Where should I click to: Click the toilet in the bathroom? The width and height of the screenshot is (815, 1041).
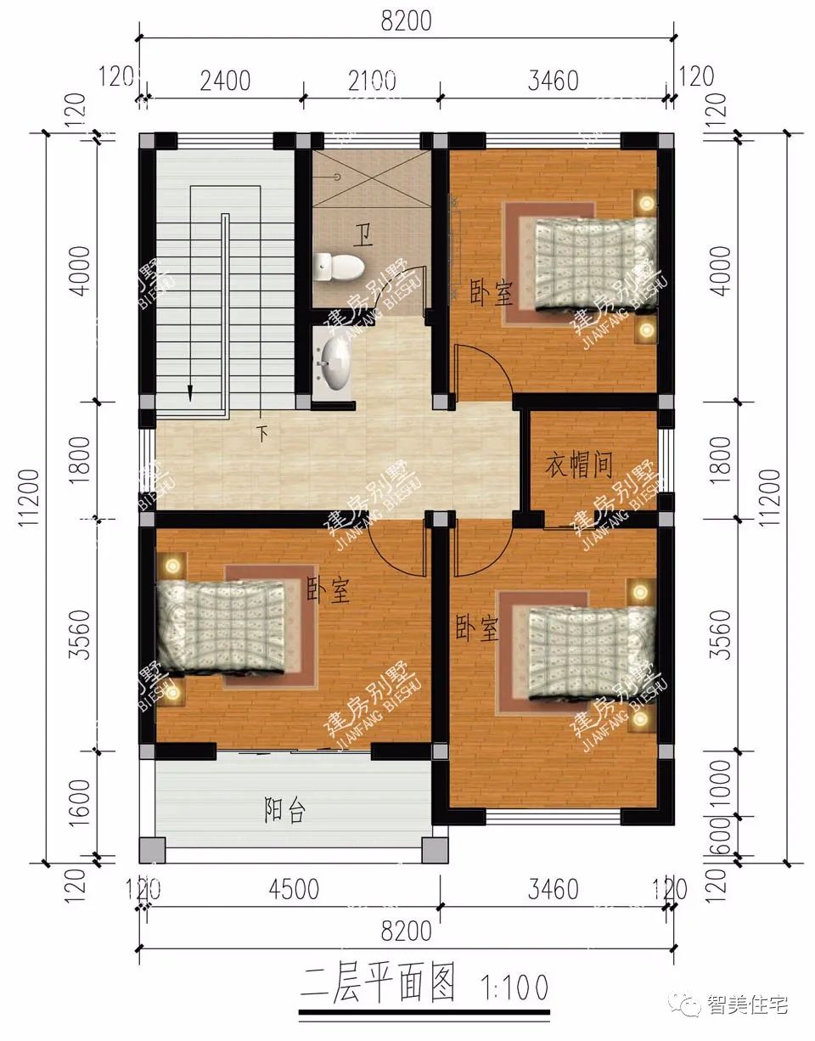tap(339, 267)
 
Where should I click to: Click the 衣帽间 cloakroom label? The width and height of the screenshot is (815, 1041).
tap(579, 465)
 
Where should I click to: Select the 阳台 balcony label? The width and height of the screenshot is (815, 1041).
tap(285, 809)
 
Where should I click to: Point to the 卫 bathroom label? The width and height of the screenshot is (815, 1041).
tap(363, 236)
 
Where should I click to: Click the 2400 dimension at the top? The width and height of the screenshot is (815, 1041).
tap(225, 81)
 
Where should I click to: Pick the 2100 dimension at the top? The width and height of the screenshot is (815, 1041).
tap(372, 81)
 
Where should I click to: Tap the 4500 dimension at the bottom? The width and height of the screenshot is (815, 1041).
tap(294, 889)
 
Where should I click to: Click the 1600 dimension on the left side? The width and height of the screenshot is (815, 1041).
tap(80, 803)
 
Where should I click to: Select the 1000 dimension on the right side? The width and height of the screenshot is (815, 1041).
tap(721, 783)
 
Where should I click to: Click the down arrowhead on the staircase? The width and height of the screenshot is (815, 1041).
tap(190, 394)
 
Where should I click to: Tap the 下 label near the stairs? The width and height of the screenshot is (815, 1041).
tap(262, 434)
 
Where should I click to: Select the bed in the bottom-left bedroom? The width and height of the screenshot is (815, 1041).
tap(222, 627)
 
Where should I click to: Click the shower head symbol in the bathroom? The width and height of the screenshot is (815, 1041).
tap(337, 177)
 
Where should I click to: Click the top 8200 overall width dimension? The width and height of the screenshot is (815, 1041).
tap(406, 21)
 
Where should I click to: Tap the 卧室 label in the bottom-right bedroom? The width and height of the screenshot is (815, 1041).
tap(477, 628)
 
